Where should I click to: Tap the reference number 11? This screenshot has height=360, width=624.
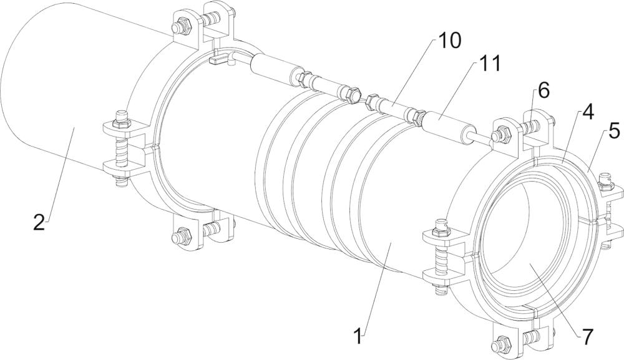pyautogui.click(x=485, y=64)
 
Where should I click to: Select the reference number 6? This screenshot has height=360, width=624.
pyautogui.click(x=544, y=90)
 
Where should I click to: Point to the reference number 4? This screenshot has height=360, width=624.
pyautogui.click(x=587, y=112)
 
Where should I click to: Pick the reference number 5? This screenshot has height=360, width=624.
pyautogui.click(x=615, y=131)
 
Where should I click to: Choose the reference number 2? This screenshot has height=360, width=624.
pyautogui.click(x=39, y=222)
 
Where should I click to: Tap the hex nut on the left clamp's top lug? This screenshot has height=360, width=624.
pyautogui.click(x=182, y=26)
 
